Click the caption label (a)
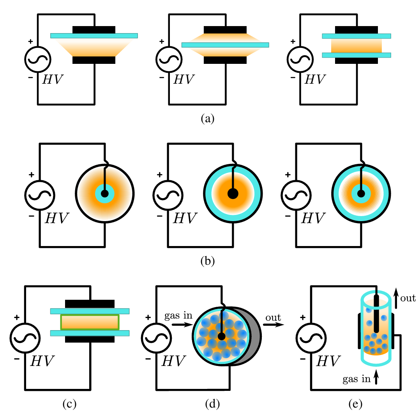point(208,118)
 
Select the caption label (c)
point(69,404)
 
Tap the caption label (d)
point(212,404)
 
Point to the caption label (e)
point(355,404)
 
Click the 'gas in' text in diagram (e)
point(356,379)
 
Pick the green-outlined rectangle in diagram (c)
point(90,322)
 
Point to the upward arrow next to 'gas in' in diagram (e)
point(376,377)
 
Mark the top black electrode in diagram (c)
point(90,304)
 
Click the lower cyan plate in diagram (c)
point(90,333)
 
